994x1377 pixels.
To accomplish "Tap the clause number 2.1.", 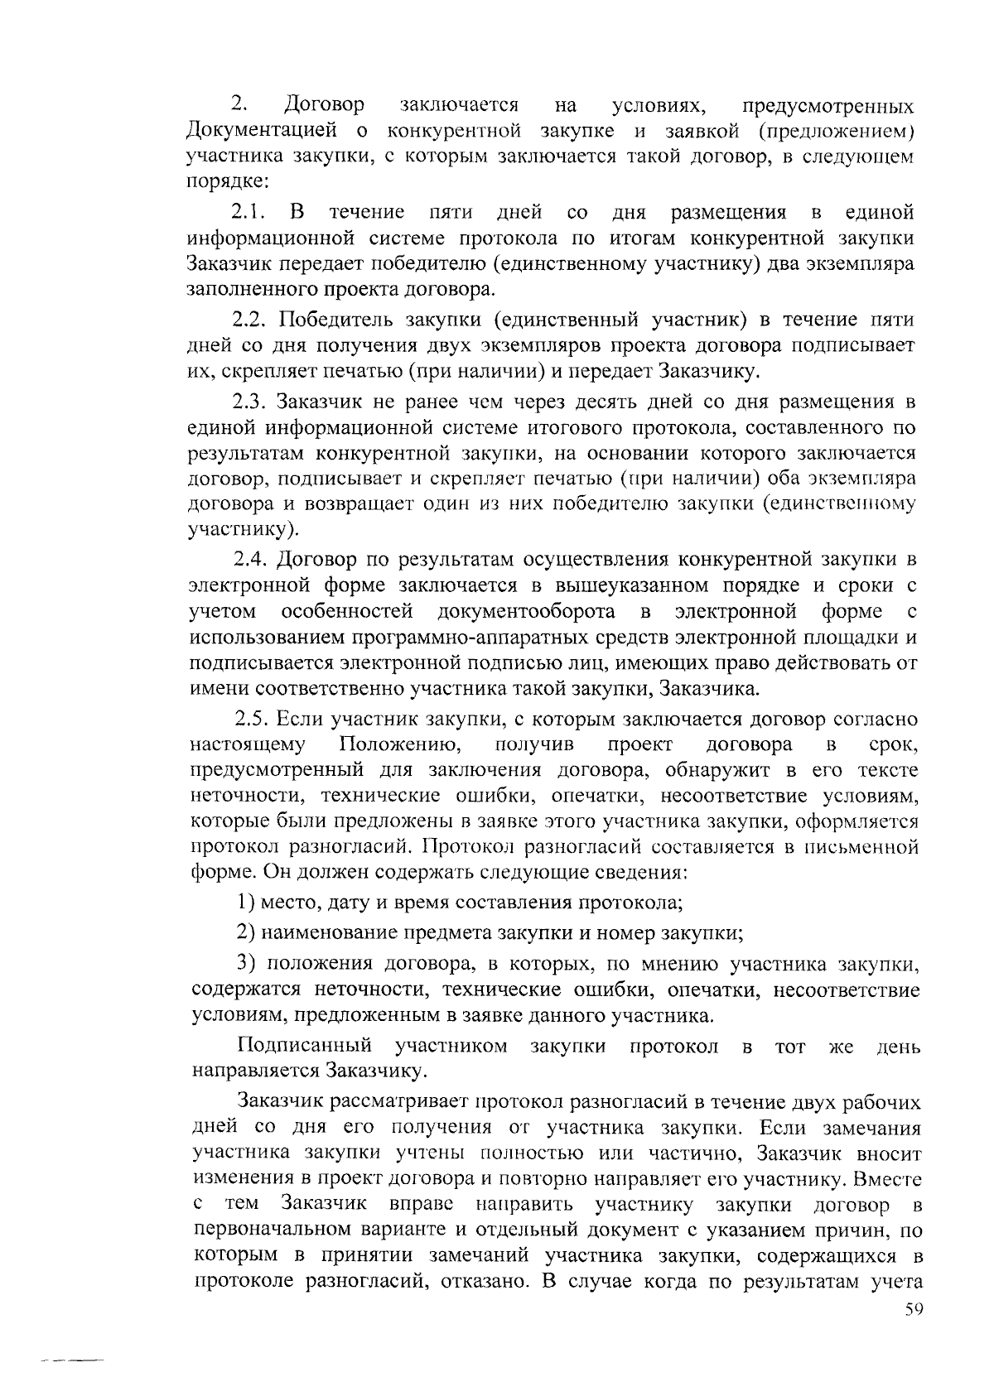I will pyautogui.click(x=248, y=213).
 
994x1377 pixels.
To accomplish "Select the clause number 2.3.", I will pyautogui.click(x=249, y=402).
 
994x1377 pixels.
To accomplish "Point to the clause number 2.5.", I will pyautogui.click(x=250, y=718).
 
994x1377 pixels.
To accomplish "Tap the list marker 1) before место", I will pyautogui.click(x=244, y=902).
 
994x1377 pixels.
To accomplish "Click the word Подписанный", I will pyautogui.click(x=304, y=1047).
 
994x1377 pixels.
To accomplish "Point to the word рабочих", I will pyautogui.click(x=883, y=1102).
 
